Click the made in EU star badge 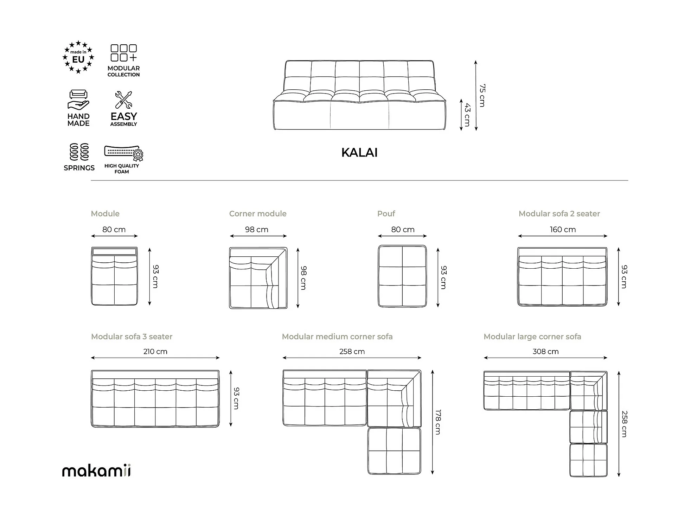pos(78,57)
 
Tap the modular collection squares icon pos(123,53)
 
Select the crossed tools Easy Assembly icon pos(123,100)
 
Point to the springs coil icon pos(79,152)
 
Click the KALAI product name pos(359,153)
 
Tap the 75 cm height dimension pos(482,95)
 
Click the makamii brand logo pos(96,471)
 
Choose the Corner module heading pos(258,214)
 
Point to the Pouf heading pos(386,214)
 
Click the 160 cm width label pos(563,230)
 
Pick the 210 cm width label pos(155,352)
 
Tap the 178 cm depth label pos(438,422)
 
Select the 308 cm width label pos(545,352)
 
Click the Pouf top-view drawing pos(402,276)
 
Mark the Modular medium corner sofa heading pos(337,337)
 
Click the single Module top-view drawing pos(114,276)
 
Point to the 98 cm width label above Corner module pos(257,230)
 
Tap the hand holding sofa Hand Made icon pos(78,100)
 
